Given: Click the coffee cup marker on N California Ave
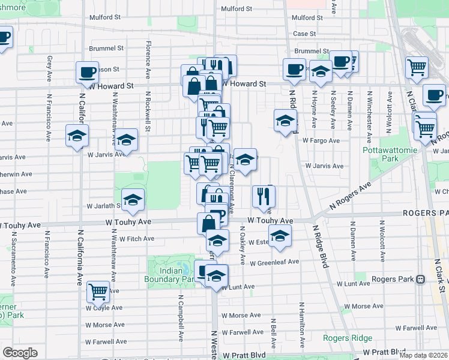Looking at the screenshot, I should point(87,72).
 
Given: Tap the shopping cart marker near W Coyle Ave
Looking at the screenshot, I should point(98,292).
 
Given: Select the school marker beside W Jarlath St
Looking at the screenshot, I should point(133,199).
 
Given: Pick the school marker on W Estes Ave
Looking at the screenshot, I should point(280,236).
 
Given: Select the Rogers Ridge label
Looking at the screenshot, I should point(348,338).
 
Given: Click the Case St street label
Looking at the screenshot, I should point(304,34).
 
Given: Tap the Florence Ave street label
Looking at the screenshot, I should point(148,60).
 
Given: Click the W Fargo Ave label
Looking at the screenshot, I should point(321,140).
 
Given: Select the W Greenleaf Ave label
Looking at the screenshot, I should point(274,262).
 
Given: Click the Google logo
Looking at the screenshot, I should point(20,353).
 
